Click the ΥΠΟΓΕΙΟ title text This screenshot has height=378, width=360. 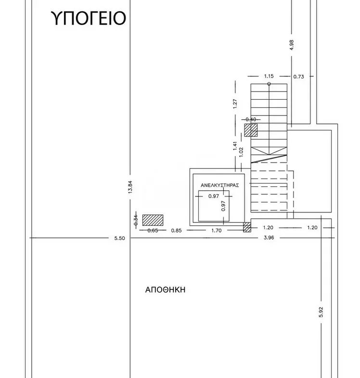coord(89,18)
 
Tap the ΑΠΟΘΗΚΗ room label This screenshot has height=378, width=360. coord(165,289)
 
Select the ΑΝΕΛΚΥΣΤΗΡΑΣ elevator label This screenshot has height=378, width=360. coord(220,185)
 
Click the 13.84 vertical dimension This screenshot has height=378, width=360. coord(130,187)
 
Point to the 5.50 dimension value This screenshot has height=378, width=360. coord(120,238)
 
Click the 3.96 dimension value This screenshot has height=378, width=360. coord(269,238)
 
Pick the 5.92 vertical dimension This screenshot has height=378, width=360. coord(321,312)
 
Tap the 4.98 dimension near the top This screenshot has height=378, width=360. coord(292,45)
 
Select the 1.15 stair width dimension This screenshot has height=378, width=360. coord(269,76)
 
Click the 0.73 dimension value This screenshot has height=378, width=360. coord(298,77)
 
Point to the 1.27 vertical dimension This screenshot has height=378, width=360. coord(235,104)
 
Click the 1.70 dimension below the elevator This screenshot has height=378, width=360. coord(217,231)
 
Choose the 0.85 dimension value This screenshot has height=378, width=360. coord(176,231)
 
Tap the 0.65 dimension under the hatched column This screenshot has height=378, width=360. coord(153,231)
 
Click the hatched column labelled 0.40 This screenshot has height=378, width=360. coord(251,130)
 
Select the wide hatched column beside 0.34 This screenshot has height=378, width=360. coord(153,220)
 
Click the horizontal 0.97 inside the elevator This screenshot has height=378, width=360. coord(214,196)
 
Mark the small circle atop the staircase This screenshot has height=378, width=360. coord(269,84)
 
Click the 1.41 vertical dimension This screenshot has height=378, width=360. coord(235,146)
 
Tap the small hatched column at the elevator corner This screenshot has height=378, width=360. coord(247,227)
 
